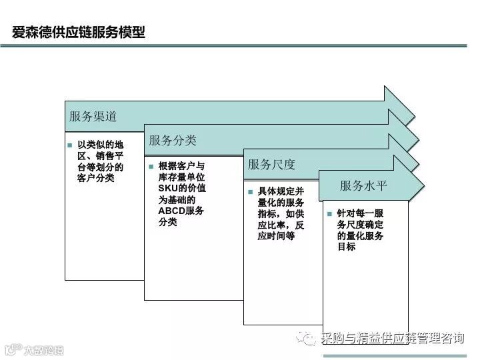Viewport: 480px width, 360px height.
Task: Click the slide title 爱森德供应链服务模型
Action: pos(79,32)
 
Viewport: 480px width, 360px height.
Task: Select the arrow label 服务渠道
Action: pos(93,116)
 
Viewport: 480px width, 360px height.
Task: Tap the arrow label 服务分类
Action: pos(173,140)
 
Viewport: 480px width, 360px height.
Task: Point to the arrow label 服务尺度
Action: pos(271,164)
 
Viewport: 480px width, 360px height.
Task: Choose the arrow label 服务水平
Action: pos(363,186)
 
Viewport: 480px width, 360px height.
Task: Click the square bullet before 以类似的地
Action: pos(69,145)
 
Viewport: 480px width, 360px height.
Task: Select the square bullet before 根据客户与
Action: pos(151,165)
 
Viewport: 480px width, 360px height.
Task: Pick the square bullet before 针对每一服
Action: pos(329,214)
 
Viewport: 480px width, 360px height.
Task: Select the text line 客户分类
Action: pos(95,178)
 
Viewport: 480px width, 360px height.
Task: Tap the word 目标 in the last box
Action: pos(346,247)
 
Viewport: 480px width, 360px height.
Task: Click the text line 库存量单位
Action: pos(181,177)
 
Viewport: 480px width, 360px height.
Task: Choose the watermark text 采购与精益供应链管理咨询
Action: pos(393,339)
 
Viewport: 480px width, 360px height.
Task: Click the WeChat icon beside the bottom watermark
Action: pos(310,339)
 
